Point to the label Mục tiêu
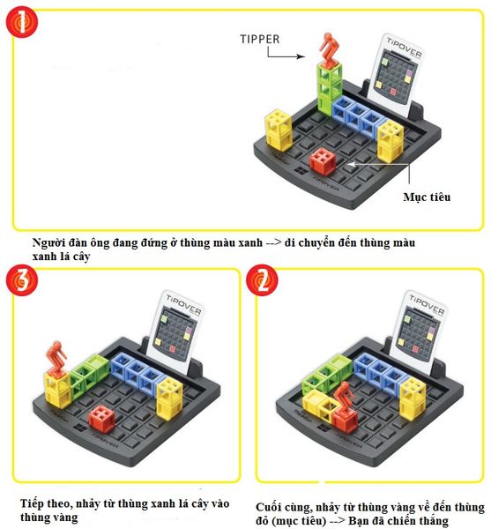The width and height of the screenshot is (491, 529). [x=426, y=197]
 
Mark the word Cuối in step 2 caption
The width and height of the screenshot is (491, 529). [x=272, y=507]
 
